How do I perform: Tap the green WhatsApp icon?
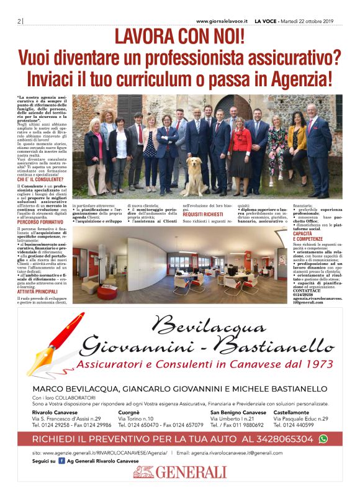pos(323,439)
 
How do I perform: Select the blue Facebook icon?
pos(52,461)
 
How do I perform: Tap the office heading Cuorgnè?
pos(129,412)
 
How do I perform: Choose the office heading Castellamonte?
pos(294,412)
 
